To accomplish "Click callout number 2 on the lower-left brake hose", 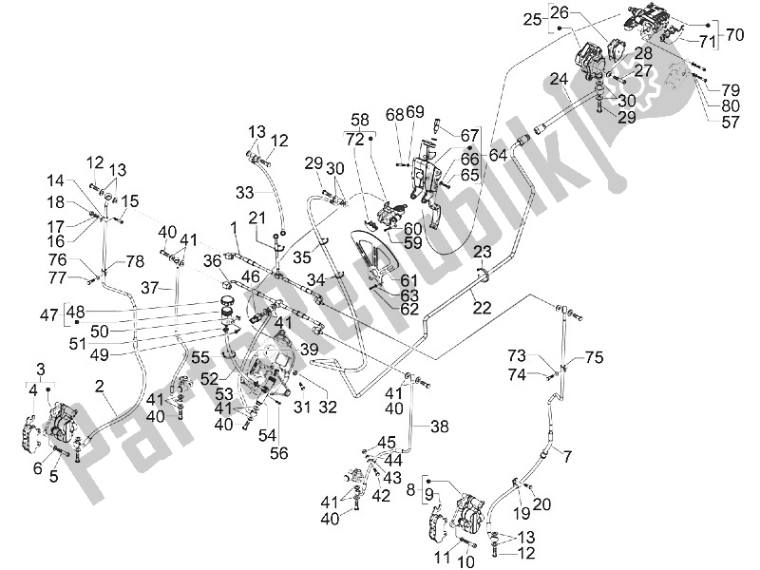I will pyautogui.click(x=98, y=385).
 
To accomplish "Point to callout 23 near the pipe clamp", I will pyautogui.click(x=483, y=253).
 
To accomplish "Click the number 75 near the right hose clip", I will pyautogui.click(x=594, y=357).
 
